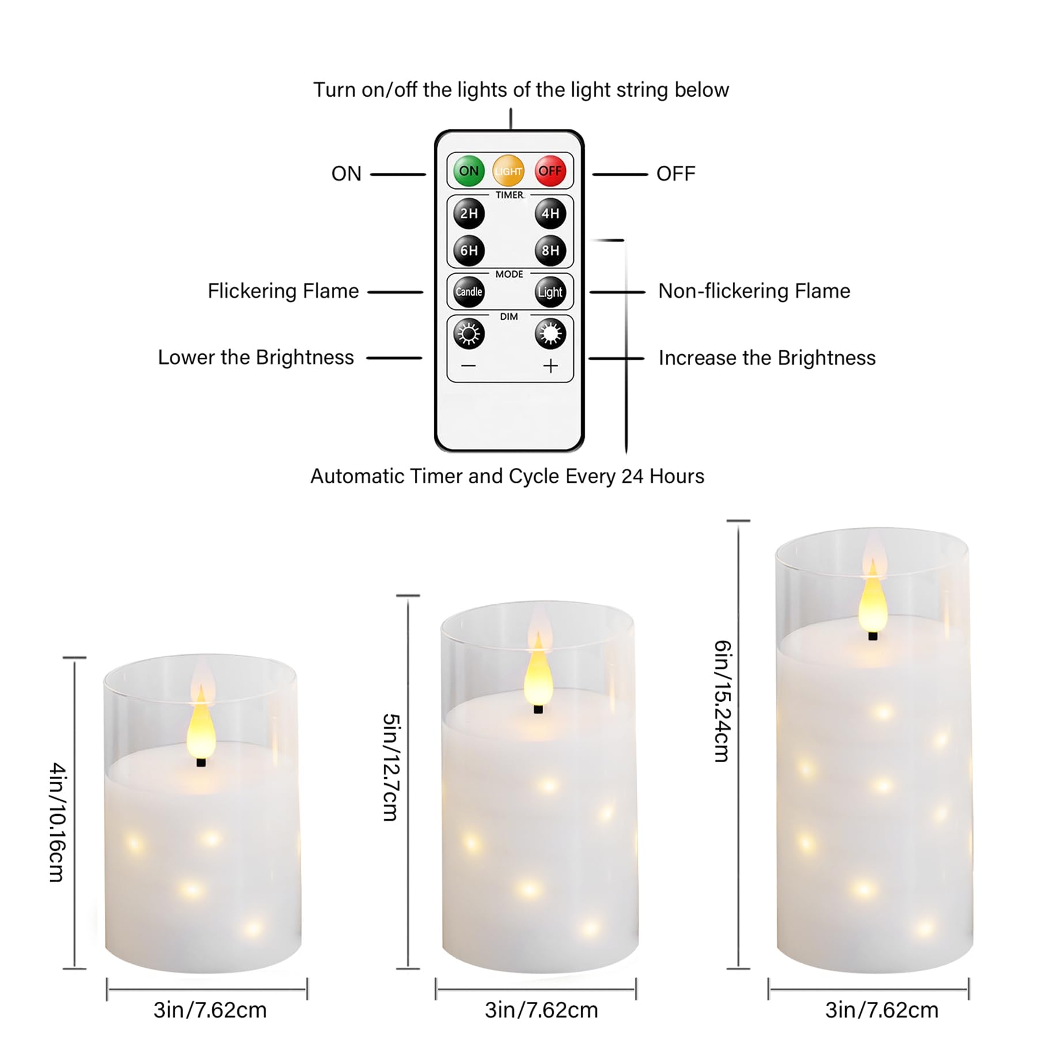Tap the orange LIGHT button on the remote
508,171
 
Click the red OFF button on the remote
550,171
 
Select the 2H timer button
469,214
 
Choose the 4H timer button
550,214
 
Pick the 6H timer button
469,251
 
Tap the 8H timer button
550,251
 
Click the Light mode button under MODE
550,292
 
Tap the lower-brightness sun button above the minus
469,334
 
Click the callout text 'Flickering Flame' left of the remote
283,291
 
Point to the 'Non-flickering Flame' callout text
754,291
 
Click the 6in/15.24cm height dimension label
722,701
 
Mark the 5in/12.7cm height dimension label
391,767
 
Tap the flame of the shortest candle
201,722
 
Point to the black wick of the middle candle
538,709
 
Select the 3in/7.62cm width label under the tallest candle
881,1010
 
